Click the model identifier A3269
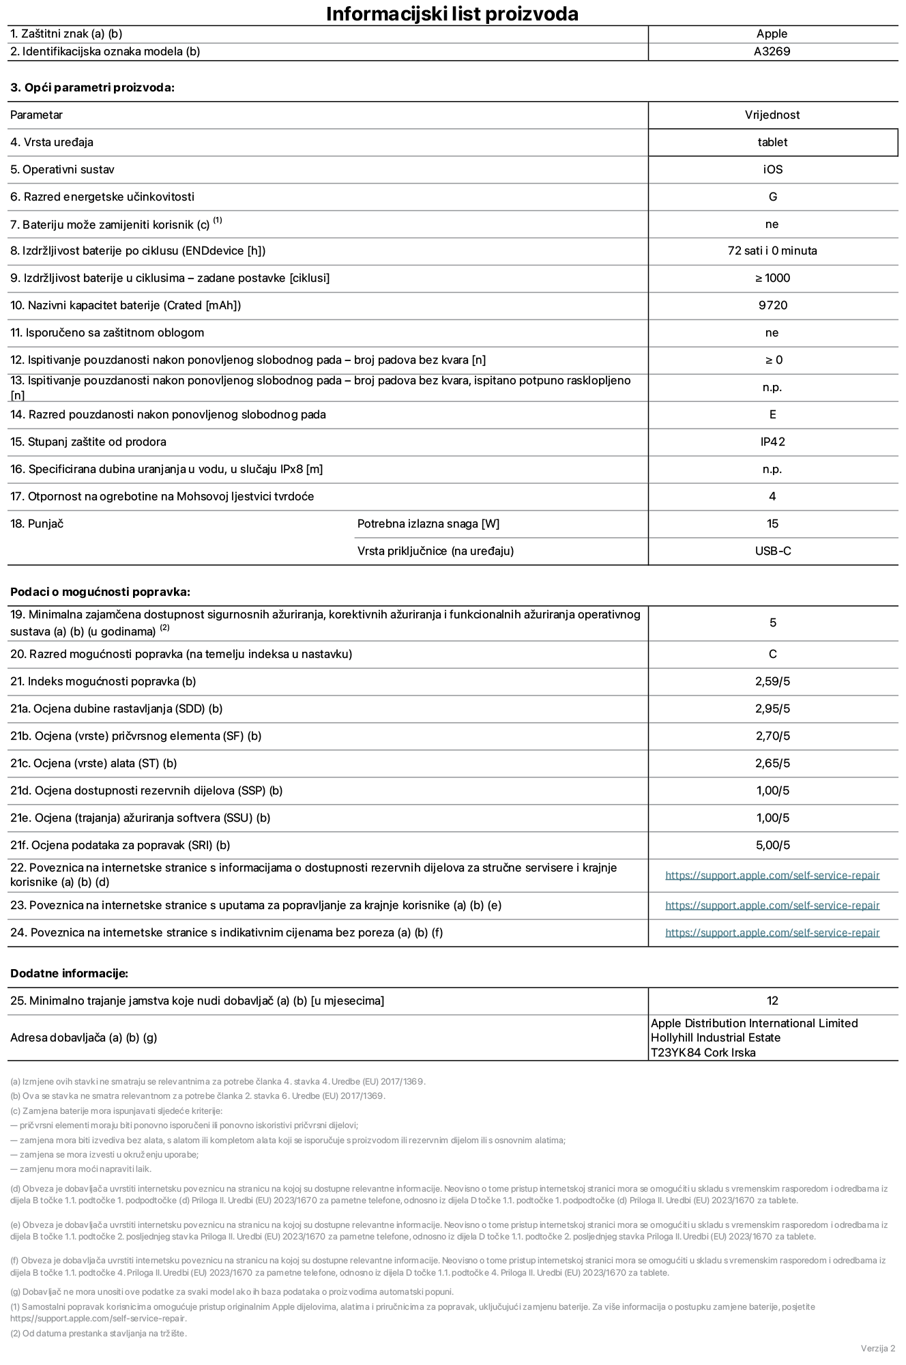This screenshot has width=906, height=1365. point(772,51)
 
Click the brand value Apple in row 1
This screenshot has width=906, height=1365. point(772,33)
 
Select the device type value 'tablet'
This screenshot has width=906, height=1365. point(772,142)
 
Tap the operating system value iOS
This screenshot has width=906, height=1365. point(772,169)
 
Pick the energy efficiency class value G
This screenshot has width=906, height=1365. point(772,197)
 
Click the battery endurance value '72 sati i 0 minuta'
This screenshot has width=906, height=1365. point(772,250)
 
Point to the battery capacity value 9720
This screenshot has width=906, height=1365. point(772,305)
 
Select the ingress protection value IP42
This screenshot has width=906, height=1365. point(772,442)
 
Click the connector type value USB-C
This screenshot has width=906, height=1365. point(772,551)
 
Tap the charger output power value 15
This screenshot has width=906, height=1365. point(772,523)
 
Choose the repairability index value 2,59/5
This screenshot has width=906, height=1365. point(772,681)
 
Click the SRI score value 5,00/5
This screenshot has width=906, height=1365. point(772,845)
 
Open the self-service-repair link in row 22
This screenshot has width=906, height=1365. point(772,875)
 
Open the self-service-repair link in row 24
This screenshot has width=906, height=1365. point(772,932)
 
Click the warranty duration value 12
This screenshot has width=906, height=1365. point(772,1001)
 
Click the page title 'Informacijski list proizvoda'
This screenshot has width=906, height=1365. point(452,14)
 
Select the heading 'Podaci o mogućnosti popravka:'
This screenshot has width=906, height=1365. point(100,592)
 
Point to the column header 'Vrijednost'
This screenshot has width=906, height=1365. point(772,115)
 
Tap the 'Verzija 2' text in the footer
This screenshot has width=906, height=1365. point(877,1348)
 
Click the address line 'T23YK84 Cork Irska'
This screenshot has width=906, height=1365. point(703,1052)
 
